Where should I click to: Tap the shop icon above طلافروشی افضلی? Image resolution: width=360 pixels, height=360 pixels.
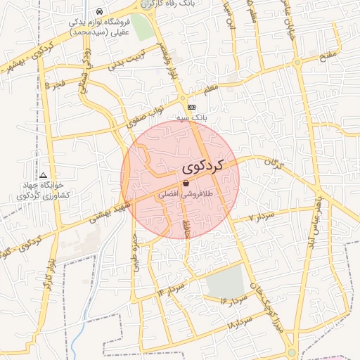(x=185, y=182)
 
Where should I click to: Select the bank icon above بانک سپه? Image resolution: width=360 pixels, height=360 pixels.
(x=202, y=108)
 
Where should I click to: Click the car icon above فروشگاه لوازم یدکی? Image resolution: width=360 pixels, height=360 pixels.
(x=101, y=12)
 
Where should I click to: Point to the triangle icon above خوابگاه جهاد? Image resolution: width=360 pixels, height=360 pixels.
(x=44, y=174)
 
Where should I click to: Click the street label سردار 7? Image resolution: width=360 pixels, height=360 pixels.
(x=259, y=217)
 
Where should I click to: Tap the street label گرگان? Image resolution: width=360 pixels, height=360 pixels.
(x=271, y=165)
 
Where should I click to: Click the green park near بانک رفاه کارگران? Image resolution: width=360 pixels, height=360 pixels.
(x=141, y=27)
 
